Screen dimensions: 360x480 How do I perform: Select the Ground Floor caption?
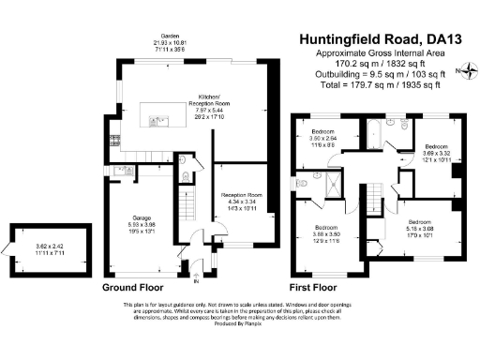click(x=131, y=286)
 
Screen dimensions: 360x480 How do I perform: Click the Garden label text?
click(x=170, y=38)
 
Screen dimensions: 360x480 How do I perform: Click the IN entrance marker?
click(x=196, y=279)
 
